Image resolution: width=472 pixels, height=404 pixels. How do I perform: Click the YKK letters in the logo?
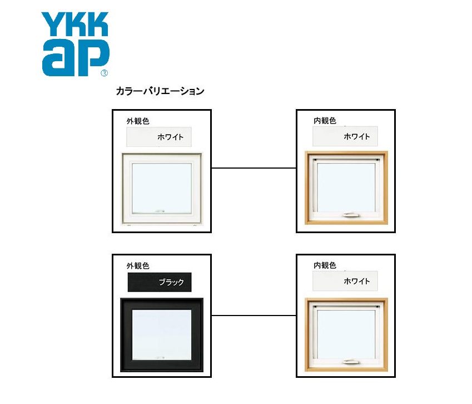click(x=74, y=24)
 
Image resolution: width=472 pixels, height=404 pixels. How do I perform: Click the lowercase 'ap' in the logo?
click(x=75, y=57)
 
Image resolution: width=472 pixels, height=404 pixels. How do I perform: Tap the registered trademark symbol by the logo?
click(x=104, y=73)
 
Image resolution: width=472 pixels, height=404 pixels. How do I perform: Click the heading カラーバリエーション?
click(x=160, y=91)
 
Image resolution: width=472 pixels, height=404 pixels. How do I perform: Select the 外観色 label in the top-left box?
click(x=138, y=121)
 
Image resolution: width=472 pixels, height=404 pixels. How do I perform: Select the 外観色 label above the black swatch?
click(x=138, y=266)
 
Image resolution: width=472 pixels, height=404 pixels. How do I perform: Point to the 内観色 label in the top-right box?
click(x=325, y=121)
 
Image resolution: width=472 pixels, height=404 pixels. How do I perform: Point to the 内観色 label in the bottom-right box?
click(x=325, y=265)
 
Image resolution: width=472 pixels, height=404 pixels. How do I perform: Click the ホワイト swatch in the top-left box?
click(x=159, y=137)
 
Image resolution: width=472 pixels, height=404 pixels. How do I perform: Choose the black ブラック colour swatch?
click(x=160, y=282)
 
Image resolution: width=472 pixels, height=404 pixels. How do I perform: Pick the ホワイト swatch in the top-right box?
click(x=345, y=136)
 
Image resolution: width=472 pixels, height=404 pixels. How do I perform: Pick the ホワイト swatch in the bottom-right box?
click(x=345, y=281)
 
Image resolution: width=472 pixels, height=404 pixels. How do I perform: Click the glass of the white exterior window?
click(x=162, y=188)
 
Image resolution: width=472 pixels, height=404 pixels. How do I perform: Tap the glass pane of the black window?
click(x=162, y=334)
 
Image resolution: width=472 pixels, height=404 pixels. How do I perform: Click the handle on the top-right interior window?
click(x=351, y=215)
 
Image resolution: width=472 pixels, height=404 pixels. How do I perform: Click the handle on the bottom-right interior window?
click(x=351, y=362)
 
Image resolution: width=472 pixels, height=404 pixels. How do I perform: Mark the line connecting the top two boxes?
click(x=254, y=168)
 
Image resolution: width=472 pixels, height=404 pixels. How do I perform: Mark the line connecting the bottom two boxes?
click(x=254, y=316)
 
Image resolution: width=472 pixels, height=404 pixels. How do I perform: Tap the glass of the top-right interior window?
click(x=346, y=188)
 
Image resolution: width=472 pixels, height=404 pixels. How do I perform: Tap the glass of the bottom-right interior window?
click(x=346, y=334)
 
